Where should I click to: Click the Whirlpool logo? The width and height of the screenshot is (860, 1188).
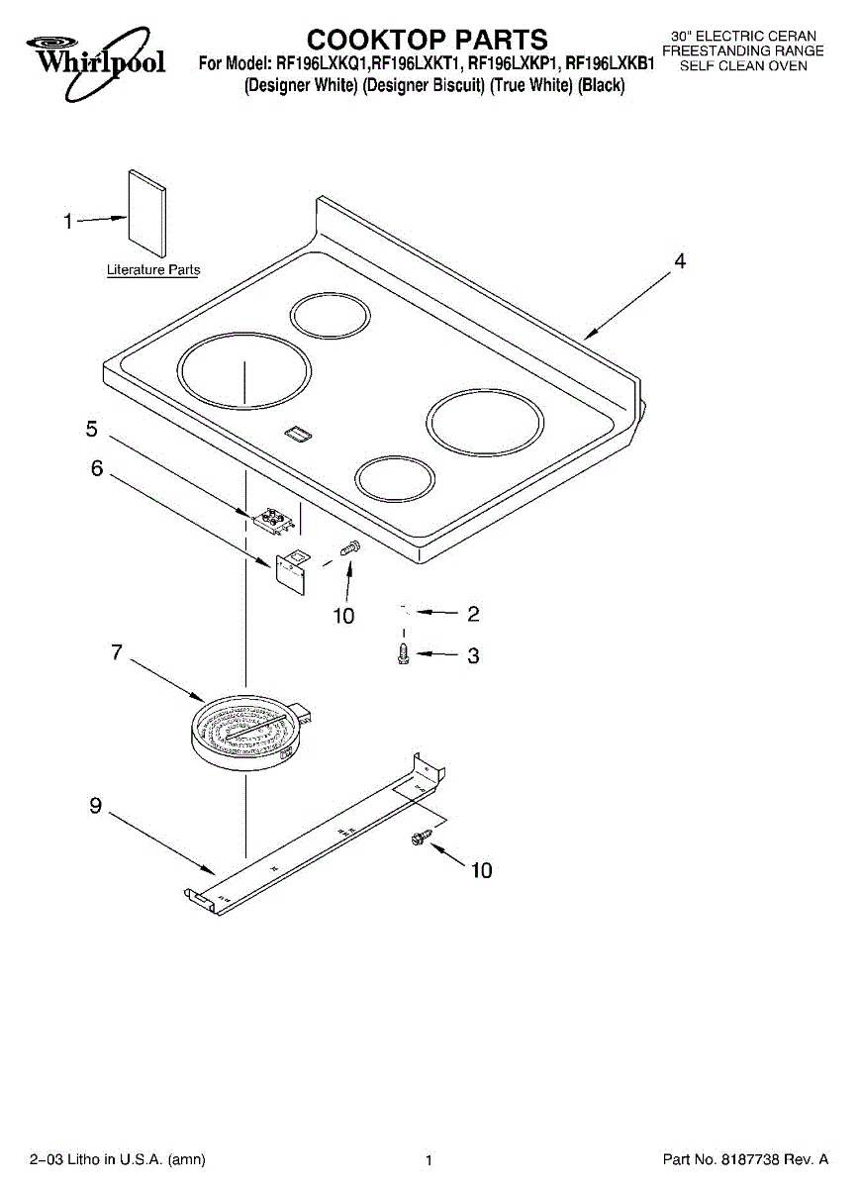[x=96, y=62]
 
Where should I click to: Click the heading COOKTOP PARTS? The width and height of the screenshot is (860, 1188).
[x=428, y=40]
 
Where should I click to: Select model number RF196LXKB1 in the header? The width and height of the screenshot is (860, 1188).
[x=610, y=64]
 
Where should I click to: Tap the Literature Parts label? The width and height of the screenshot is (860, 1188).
[x=153, y=269]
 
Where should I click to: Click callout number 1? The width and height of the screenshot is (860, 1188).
[x=68, y=221]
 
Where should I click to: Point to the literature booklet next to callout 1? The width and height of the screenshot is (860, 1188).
[x=146, y=213]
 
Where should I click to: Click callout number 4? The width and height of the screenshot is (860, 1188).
[x=680, y=261]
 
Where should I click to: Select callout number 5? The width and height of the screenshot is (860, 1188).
[x=92, y=429]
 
